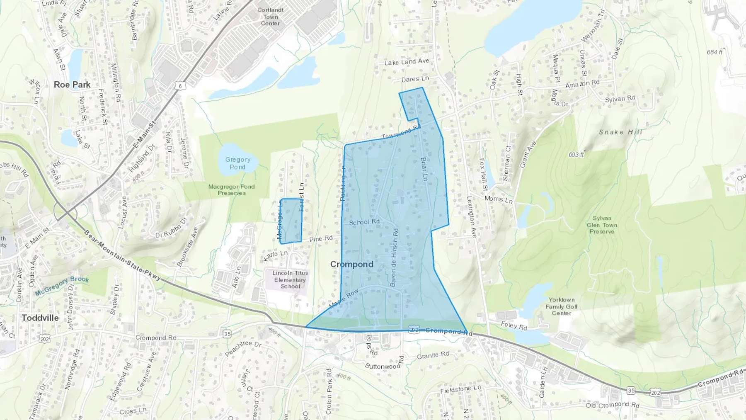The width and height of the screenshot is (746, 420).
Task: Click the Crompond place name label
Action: point(351,264)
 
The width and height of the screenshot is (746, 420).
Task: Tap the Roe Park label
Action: point(72,85)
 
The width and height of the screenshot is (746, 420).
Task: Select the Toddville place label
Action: point(40,318)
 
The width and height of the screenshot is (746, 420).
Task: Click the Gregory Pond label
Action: point(238,163)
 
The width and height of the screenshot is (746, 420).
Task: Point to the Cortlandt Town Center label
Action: point(271,17)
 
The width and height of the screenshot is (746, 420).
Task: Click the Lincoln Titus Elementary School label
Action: point(290,279)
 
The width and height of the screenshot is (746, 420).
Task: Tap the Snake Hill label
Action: point(620,132)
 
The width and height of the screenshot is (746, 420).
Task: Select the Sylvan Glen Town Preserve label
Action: point(602,225)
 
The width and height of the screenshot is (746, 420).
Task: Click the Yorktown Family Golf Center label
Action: point(562,306)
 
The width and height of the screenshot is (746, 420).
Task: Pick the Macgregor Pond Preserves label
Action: point(231,189)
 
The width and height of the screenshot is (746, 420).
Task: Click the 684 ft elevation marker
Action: point(715,52)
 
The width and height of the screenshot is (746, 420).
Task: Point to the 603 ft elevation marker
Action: point(576,155)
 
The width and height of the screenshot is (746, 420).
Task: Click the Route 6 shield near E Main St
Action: point(180,86)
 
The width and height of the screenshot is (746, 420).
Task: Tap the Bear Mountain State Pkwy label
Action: point(122,257)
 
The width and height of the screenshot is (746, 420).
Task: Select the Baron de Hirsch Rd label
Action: point(394,257)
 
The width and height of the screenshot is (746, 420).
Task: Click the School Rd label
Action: point(364,222)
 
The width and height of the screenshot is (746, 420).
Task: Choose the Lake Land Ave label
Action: point(407,62)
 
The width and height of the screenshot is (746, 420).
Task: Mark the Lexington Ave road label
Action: point(471,216)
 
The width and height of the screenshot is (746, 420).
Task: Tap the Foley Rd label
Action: point(514,326)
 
